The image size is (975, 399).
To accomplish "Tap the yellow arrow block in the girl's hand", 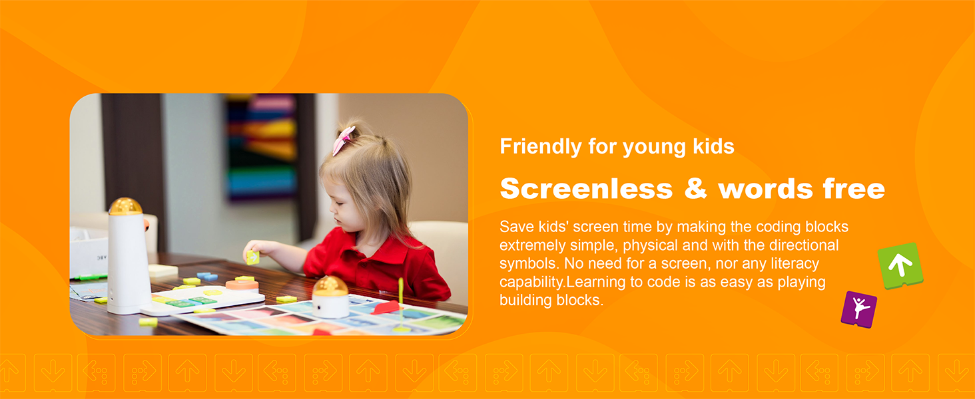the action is [252, 257].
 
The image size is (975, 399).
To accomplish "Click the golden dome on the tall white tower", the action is [125, 206].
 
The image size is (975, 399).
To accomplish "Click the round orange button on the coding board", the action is [242, 285].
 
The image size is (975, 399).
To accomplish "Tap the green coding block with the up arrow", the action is [900, 265].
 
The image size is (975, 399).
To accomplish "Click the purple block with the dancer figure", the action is [858, 309].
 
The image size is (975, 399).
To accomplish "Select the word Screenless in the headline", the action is [586, 189].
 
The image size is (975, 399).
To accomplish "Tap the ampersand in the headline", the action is [695, 189].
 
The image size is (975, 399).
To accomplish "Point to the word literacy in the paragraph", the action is [795, 263].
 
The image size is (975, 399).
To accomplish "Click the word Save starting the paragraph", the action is [516, 227].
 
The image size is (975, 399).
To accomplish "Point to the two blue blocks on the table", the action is [206, 276].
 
